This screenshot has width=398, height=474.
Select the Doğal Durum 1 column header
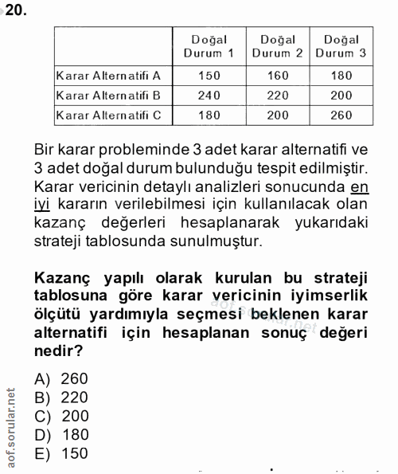(x=209, y=46)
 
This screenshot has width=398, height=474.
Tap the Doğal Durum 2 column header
(x=277, y=46)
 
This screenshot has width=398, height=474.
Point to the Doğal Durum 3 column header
(x=341, y=46)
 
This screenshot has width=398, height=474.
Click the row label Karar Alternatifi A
(x=108, y=76)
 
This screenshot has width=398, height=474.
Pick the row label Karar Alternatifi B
(x=108, y=96)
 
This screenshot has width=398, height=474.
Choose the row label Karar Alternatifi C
(x=108, y=116)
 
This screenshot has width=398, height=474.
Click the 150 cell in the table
(x=209, y=76)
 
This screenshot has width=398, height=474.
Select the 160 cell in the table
(x=277, y=76)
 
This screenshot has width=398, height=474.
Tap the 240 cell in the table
(x=209, y=96)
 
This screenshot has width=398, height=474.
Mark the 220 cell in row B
(x=277, y=96)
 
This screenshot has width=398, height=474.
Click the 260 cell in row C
(x=341, y=116)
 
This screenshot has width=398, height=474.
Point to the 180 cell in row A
(x=341, y=76)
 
